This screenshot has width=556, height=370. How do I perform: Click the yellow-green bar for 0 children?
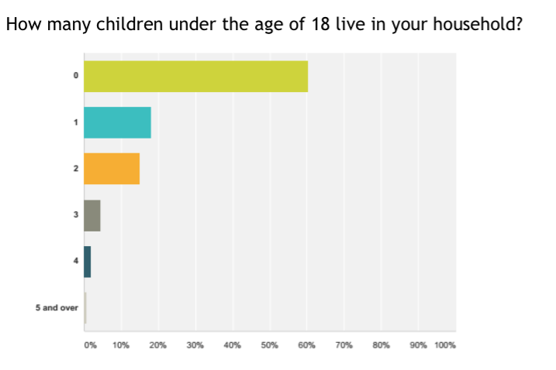tap(195, 76)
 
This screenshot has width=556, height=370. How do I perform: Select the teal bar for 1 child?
tap(117, 122)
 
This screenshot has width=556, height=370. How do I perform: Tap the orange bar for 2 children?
tap(112, 169)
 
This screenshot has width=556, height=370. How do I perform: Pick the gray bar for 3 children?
tap(92, 215)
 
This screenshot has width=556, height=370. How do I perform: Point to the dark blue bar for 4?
tap(88, 262)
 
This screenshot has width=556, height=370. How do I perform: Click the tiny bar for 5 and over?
tap(85, 308)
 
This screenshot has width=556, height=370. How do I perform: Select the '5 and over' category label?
tap(57, 308)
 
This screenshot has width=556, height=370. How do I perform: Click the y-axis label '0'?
tap(76, 76)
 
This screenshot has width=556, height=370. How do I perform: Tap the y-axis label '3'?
tap(76, 215)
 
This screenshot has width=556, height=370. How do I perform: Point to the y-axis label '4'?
tap(76, 262)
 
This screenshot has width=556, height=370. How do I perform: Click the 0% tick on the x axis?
tap(90, 345)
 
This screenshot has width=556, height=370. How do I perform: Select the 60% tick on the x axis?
tap(307, 345)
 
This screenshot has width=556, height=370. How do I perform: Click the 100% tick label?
tap(445, 345)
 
